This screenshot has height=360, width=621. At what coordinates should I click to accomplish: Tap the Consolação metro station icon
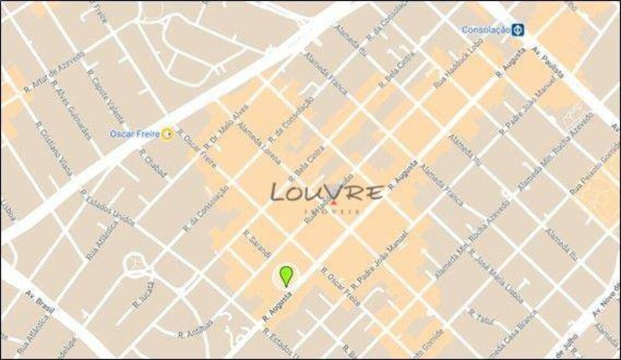[x=517, y=29]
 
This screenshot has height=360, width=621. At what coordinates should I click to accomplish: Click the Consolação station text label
[x=486, y=29]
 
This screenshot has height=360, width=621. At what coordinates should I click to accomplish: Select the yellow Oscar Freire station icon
[x=166, y=133]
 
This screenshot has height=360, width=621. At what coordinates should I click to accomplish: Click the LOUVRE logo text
[x=327, y=193]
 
